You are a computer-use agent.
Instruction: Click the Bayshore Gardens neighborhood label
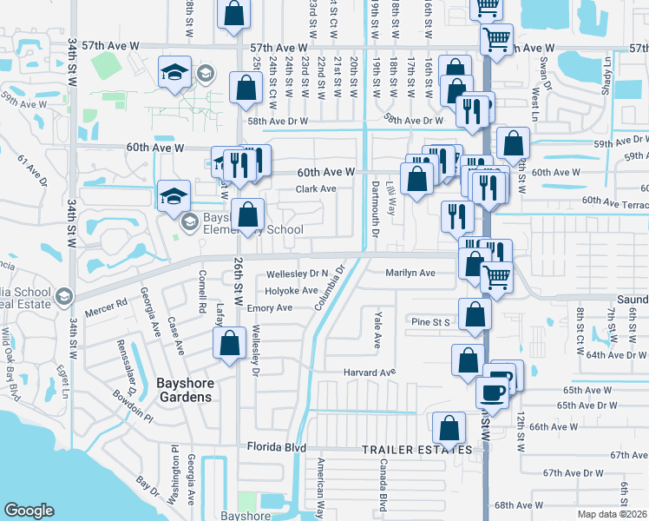tap(184, 388)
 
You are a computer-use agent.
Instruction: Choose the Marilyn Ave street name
tap(410, 273)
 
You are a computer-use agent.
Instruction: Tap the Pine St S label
tap(431, 322)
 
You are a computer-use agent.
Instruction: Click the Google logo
tap(29, 511)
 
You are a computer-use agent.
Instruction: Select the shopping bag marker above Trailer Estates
tap(449, 428)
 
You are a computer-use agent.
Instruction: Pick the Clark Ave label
tap(316, 188)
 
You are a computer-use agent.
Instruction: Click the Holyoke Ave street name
tap(292, 291)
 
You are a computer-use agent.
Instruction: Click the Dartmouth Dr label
tap(377, 214)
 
